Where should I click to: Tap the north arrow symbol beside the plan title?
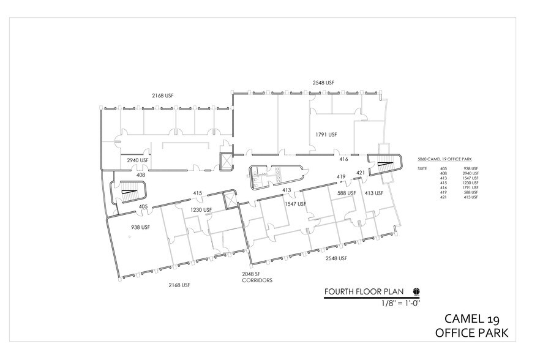[416, 292]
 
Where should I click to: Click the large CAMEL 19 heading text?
[475, 318]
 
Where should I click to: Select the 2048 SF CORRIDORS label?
[257, 277]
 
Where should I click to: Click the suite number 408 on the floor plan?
[141, 174]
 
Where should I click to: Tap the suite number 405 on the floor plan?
[143, 206]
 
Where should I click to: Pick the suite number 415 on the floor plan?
[198, 193]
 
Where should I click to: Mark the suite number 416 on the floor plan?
[343, 159]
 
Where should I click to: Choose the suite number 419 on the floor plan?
[341, 177]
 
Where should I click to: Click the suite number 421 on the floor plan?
[361, 173]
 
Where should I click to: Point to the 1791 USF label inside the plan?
[326, 134]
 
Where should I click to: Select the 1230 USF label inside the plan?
[200, 210]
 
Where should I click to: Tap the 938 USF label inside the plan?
[141, 227]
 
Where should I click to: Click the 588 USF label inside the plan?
[347, 193]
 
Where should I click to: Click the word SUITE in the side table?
[421, 168]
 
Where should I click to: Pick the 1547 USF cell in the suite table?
[470, 178]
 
